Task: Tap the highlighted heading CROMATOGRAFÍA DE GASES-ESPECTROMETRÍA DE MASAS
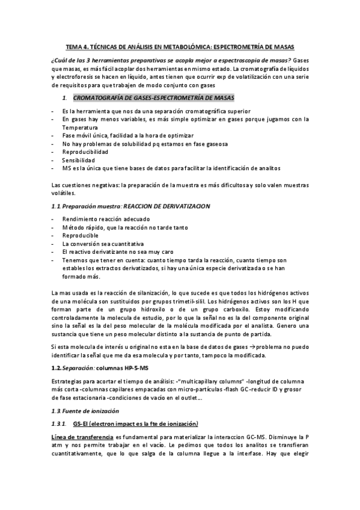154,97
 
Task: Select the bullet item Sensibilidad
78,161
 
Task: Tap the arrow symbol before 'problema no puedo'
253,349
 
